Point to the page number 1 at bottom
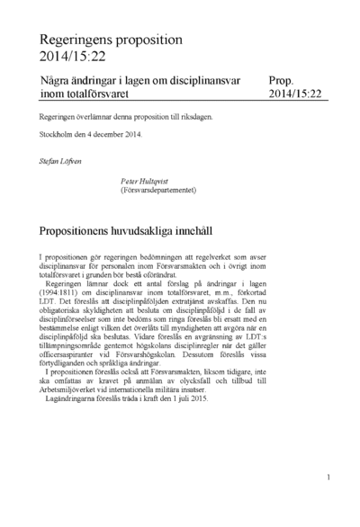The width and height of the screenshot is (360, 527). pos(329,478)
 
